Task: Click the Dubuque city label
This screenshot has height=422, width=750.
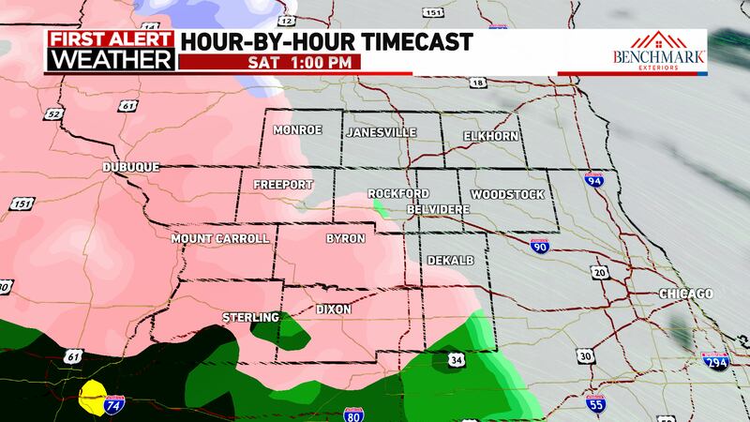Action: [131, 167]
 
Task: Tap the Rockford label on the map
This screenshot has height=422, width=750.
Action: [391, 193]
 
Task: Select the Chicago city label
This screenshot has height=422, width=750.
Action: [685, 294]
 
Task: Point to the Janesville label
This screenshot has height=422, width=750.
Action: [381, 132]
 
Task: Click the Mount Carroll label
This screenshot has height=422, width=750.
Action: [219, 239]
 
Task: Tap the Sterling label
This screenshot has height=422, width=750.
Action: [250, 318]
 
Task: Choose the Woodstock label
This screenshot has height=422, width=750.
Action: [507, 194]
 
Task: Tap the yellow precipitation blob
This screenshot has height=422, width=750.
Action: [93, 398]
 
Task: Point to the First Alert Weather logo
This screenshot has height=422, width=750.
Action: [111, 52]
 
